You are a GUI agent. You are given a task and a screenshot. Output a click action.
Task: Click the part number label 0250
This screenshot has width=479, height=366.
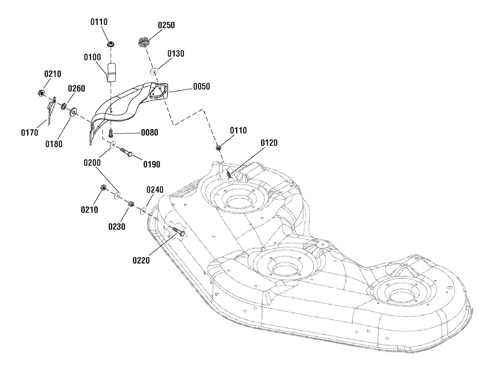point(166,25)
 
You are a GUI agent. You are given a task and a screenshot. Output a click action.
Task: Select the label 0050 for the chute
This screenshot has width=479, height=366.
point(201,86)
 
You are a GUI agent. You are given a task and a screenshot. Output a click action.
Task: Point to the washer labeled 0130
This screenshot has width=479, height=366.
point(154,72)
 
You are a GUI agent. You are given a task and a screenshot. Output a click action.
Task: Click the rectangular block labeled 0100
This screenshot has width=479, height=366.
point(112,72)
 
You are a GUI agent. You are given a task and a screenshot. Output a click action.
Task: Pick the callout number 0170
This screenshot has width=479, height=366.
point(30,133)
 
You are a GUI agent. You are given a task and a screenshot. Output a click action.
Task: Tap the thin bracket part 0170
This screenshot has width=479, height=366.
point(51,110)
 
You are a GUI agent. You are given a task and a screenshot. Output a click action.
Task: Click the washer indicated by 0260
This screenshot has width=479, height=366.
point(64,106)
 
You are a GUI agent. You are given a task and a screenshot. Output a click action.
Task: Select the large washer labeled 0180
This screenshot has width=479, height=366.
point(74,112)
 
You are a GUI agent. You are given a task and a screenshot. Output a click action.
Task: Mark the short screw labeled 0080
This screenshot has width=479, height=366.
point(111,133)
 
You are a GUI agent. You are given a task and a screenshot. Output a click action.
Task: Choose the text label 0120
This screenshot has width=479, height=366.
point(269,143)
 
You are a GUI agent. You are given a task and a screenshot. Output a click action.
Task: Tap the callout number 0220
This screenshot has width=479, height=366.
point(141,260)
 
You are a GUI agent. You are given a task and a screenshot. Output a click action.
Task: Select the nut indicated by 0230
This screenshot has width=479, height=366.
point(131,204)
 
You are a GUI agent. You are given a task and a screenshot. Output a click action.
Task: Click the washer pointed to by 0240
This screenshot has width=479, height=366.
point(143,210)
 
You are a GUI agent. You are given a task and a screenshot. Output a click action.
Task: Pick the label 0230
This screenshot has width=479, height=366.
point(117,227)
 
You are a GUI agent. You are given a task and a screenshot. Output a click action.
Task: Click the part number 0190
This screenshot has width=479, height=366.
point(152,164)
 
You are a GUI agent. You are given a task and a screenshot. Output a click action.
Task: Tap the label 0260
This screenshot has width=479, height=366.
point(76,89)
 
